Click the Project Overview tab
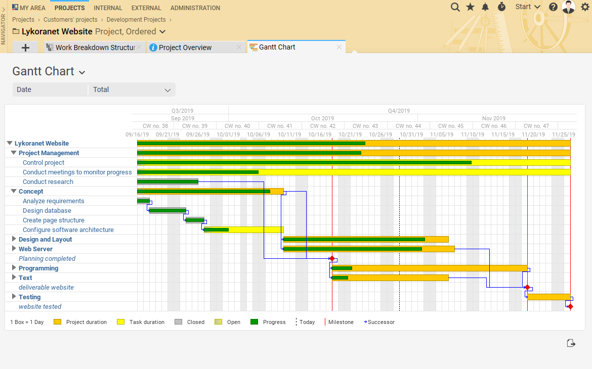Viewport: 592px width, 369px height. [x=185, y=48]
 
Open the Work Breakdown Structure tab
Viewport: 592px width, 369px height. [x=91, y=48]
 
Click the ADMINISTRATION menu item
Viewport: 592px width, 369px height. [x=195, y=8]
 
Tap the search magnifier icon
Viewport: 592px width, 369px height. [x=455, y=7]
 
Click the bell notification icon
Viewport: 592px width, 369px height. [x=485, y=7]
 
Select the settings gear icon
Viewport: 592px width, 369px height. [x=585, y=7]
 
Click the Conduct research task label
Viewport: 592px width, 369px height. [x=48, y=182]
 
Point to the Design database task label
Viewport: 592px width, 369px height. [x=47, y=211]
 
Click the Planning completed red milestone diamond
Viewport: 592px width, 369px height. [x=332, y=259]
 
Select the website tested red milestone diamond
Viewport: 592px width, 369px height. [x=570, y=307]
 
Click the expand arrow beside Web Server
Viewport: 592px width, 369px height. [x=14, y=249]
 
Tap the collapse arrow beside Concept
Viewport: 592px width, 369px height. [x=14, y=192]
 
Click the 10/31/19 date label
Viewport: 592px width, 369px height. [x=411, y=135]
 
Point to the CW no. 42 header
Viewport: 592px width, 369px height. [x=323, y=126]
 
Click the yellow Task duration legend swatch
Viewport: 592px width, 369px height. [x=120, y=322]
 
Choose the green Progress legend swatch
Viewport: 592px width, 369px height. [x=254, y=322]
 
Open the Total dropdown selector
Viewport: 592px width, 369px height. [x=132, y=90]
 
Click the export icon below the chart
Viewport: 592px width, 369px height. [x=571, y=343]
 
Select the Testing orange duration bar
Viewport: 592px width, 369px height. [x=548, y=297]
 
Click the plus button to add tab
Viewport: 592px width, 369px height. [x=26, y=48]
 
